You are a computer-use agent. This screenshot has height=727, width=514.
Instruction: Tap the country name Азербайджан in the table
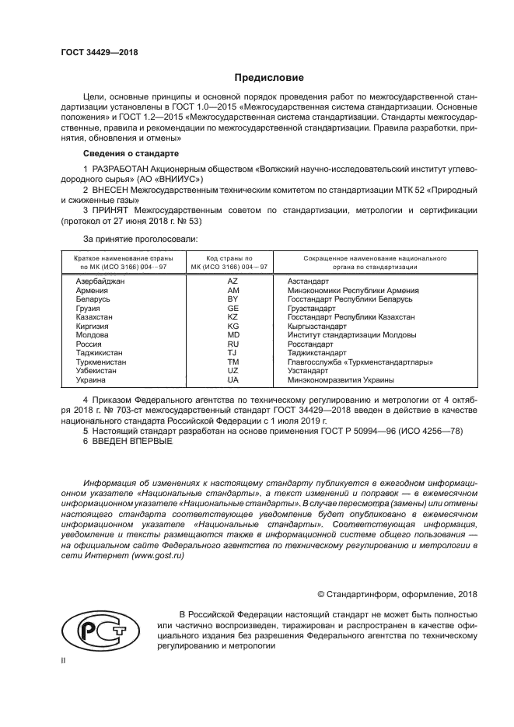(100, 281)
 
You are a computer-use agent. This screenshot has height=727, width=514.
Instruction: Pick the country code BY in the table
(233, 299)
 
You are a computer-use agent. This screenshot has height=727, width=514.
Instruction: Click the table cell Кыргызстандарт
(317, 327)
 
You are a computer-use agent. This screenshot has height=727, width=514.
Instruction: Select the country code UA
(233, 380)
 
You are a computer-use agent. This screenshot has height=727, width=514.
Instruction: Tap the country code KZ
(233, 317)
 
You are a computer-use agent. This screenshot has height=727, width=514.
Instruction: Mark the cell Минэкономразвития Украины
(341, 380)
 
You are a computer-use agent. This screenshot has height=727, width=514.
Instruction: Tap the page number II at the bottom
(65, 662)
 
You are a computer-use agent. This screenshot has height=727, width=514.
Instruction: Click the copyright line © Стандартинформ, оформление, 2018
(393, 594)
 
